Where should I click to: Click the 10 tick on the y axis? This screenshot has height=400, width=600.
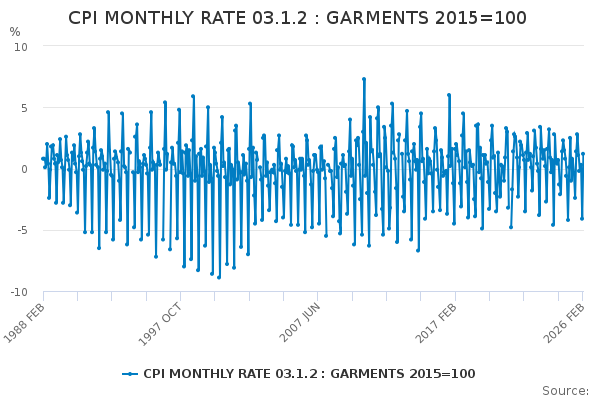[20, 46]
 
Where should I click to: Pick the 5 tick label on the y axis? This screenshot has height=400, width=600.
[23, 108]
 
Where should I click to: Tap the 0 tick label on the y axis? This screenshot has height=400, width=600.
[23, 169]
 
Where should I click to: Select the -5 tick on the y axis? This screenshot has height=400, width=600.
[21, 230]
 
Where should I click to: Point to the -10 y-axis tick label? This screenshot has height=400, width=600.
[18, 292]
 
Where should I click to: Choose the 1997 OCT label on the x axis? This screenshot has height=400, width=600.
[163, 323]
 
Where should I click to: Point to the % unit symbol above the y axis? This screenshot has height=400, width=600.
[15, 32]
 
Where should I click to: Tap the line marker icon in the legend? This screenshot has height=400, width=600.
[130, 374]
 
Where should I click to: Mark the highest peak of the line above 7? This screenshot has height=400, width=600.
[364, 78]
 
